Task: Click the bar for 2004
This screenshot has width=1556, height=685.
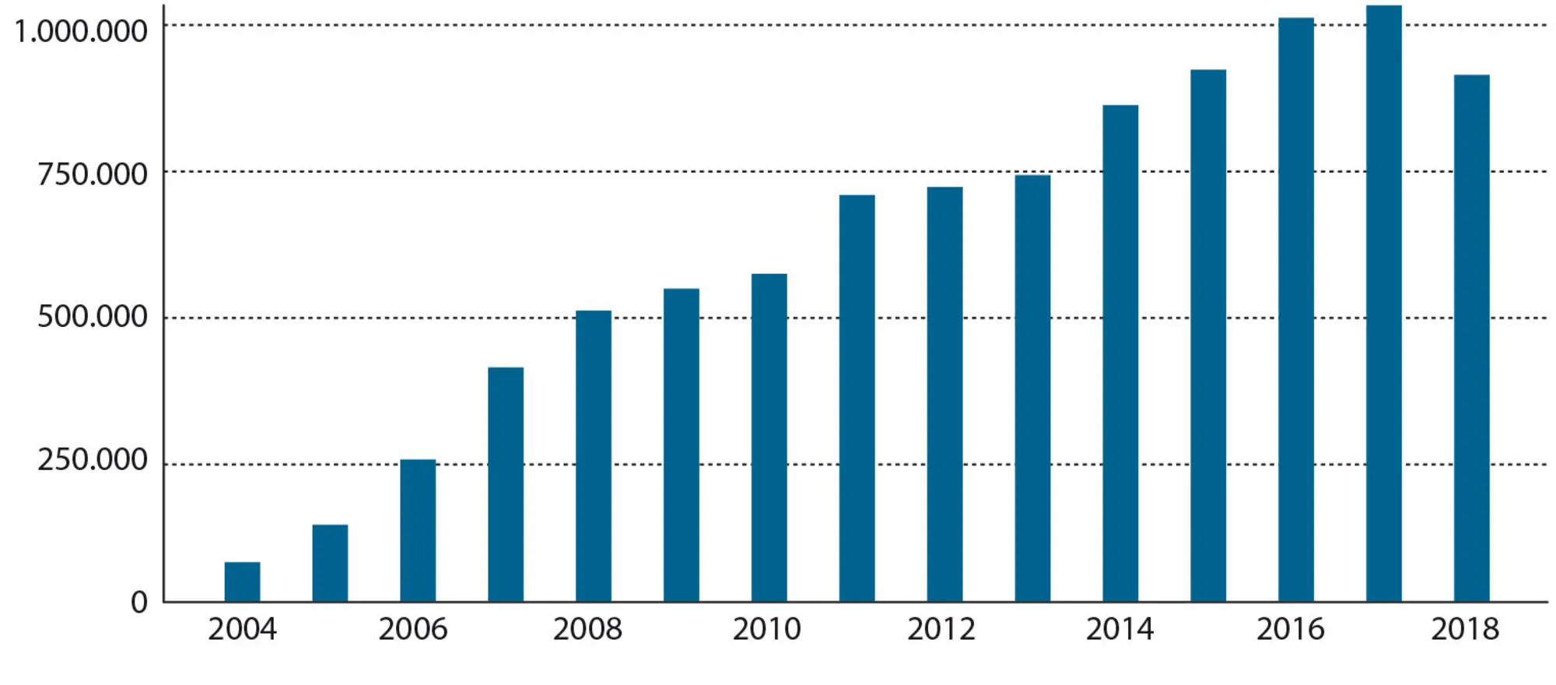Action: pyautogui.click(x=242, y=581)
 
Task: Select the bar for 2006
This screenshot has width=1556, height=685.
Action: pyautogui.click(x=418, y=530)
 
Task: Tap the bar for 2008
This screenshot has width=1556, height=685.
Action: pyautogui.click(x=594, y=456)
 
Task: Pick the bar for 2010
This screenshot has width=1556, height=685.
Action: pyautogui.click(x=769, y=437)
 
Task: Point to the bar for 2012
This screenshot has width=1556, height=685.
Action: pyautogui.click(x=944, y=394)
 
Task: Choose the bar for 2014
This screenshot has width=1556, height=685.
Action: pyautogui.click(x=1120, y=353)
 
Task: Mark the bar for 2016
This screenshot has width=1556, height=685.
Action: pyautogui.click(x=1296, y=310)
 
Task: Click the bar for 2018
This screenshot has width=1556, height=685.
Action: pyautogui.click(x=1471, y=338)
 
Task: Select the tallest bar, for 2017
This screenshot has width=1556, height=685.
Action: pyautogui.click(x=1383, y=304)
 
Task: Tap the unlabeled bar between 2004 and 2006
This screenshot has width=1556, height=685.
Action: pyautogui.click(x=330, y=563)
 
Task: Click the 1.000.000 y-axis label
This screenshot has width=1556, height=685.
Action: pyautogui.click(x=81, y=31)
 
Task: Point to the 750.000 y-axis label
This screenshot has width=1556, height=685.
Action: pyautogui.click(x=93, y=174)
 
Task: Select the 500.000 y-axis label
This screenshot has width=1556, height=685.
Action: pyautogui.click(x=93, y=317)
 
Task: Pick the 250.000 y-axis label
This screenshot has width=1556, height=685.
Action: pyautogui.click(x=93, y=460)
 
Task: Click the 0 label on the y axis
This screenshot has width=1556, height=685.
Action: pyautogui.click(x=139, y=602)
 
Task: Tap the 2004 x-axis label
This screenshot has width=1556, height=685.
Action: pyautogui.click(x=242, y=629)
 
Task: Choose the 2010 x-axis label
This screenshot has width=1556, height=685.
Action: pyautogui.click(x=766, y=629)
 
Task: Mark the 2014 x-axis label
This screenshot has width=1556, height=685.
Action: pyautogui.click(x=1120, y=629)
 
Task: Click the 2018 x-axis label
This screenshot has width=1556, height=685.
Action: pyautogui.click(x=1465, y=629)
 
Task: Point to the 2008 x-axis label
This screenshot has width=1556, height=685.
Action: pyautogui.click(x=587, y=629)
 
